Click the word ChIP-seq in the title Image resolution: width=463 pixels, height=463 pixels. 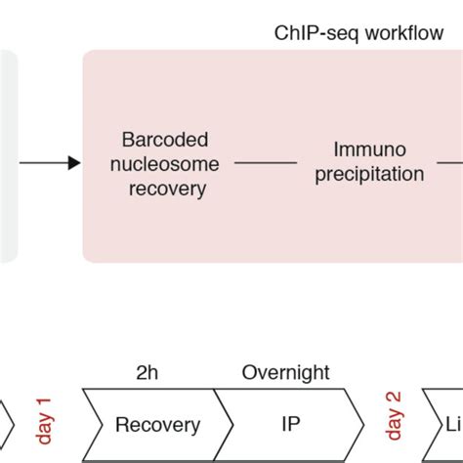(308, 33)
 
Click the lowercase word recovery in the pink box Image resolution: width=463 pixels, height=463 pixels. (167, 188)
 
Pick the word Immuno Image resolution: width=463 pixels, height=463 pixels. (365, 150)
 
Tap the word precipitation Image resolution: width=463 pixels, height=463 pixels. (365, 175)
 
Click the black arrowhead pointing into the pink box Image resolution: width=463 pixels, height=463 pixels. (75, 163)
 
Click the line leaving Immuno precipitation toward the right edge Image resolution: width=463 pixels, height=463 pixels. (449, 163)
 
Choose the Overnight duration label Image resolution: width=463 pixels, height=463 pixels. (285, 372)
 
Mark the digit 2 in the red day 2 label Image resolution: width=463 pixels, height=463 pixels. (395, 400)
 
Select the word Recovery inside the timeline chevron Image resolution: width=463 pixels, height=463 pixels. (157, 425)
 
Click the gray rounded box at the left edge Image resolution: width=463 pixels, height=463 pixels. (8, 156)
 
